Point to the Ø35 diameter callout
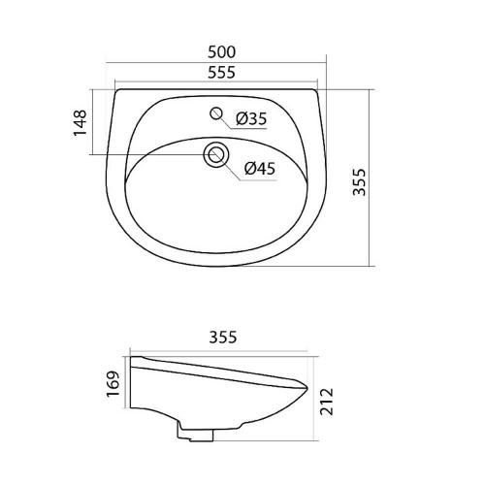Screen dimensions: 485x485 (251, 119)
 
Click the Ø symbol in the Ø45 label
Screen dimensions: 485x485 (242, 168)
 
